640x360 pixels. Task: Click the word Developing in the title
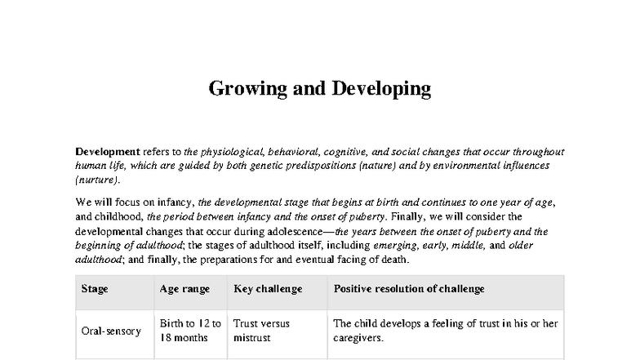pos(381,89)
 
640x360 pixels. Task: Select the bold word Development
pos(107,153)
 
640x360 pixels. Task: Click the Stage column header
pos(95,289)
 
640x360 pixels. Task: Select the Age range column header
pos(184,289)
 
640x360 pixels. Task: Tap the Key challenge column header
pos(268,289)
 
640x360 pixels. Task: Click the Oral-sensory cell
pos(111,331)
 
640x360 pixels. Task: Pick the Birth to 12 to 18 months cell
pos(190,330)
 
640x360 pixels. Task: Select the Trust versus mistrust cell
pos(261,330)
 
